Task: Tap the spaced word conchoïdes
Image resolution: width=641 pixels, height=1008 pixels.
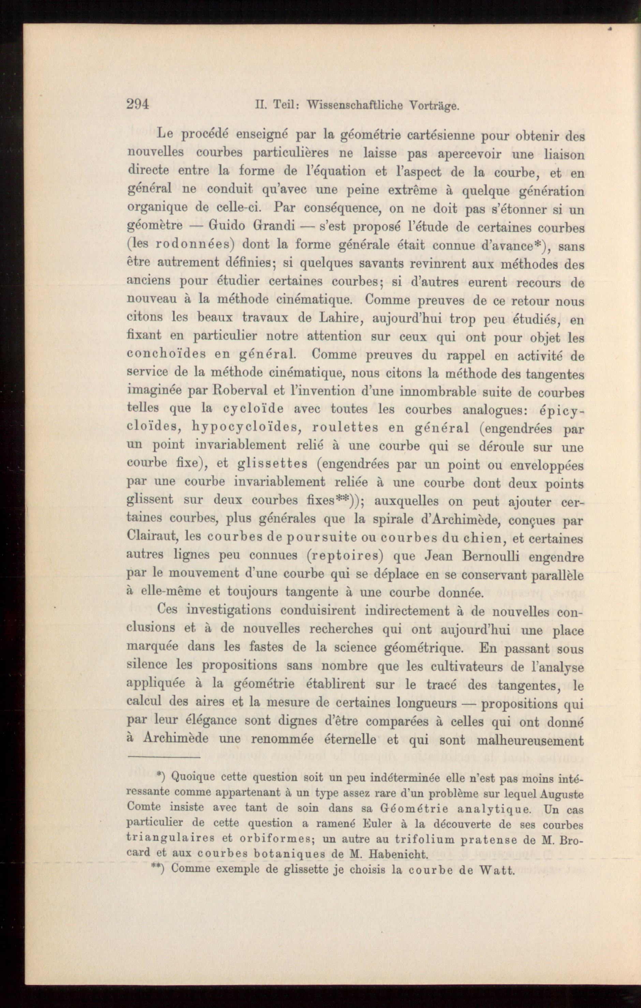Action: [x=166, y=354]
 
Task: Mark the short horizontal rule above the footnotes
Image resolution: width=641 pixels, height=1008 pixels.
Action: [x=164, y=757]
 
